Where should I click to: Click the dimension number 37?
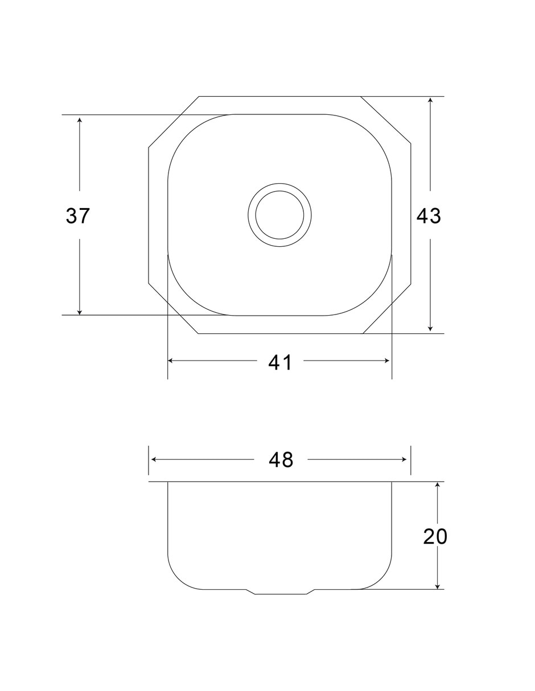(x=78, y=216)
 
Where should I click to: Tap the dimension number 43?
(x=429, y=216)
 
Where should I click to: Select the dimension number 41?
(x=279, y=362)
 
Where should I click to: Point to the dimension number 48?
(x=281, y=460)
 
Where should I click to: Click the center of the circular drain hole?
(x=279, y=215)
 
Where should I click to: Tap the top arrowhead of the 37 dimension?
(x=80, y=119)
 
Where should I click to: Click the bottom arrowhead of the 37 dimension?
(x=80, y=312)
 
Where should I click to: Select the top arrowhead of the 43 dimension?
(x=430, y=100)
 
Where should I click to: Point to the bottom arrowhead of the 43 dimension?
(x=430, y=329)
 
